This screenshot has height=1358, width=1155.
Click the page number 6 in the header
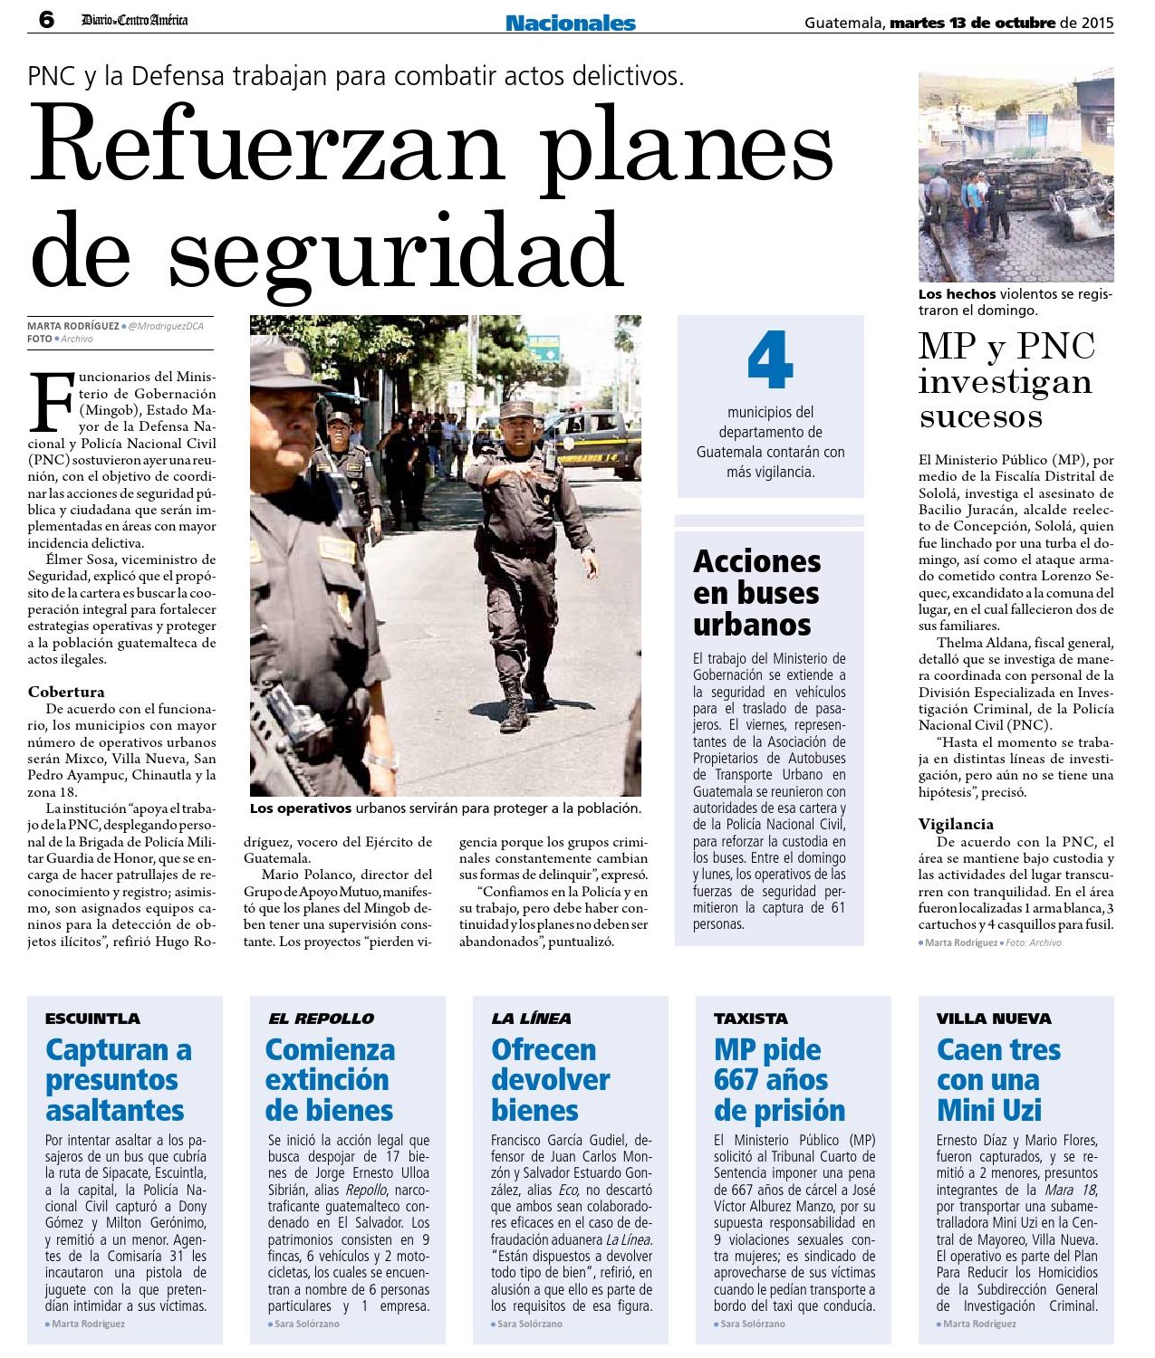point(46,19)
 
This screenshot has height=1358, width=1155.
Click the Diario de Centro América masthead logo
point(134,20)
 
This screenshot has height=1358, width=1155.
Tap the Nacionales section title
point(570,23)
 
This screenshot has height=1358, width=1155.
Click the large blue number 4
point(770,360)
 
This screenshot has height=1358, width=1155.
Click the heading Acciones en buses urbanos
point(756,593)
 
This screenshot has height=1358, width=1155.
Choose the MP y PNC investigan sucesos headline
point(1006,381)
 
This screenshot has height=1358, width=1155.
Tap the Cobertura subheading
point(66,692)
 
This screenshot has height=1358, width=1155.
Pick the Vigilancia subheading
point(956,824)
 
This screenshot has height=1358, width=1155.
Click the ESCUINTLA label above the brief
point(92,1018)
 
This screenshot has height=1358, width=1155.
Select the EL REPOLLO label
point(321,1018)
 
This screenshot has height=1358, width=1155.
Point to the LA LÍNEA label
point(531,1018)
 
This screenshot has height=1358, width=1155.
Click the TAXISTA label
point(751,1018)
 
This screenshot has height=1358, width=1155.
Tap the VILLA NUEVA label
point(994,1018)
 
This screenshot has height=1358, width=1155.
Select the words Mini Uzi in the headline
point(989,1111)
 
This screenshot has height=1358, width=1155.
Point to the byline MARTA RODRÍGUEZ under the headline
point(72,326)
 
